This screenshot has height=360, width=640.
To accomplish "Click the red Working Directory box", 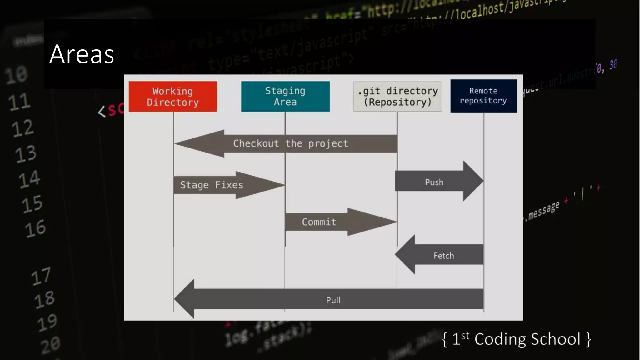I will point(173,96).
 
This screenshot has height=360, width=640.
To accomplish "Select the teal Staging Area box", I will point(285,96).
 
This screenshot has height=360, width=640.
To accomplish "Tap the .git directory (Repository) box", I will point(397,96).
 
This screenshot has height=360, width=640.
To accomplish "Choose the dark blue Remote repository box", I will point(483,96).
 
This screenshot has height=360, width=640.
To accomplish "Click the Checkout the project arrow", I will point(291,143).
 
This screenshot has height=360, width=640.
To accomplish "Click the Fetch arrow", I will point(441,255).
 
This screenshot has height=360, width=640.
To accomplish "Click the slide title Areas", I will point(82,54).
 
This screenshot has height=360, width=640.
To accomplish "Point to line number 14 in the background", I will point(29,179).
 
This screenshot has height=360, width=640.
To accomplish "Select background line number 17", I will point(41,276).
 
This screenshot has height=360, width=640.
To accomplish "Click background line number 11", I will point(20,102).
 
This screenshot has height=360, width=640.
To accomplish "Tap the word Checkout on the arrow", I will point(256,143).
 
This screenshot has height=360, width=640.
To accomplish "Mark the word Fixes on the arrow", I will point(229,185).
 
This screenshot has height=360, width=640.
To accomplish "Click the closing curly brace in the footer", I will point(588,339).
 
